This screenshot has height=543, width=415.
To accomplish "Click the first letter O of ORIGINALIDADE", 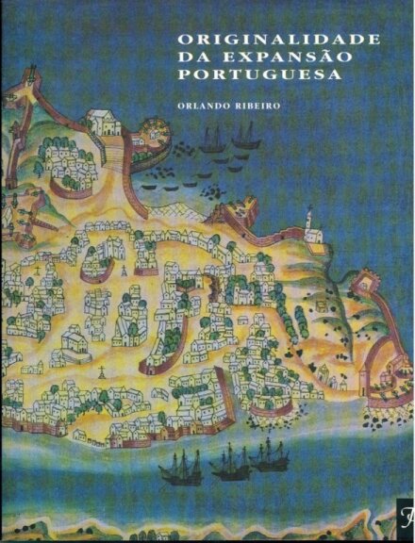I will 185,39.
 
